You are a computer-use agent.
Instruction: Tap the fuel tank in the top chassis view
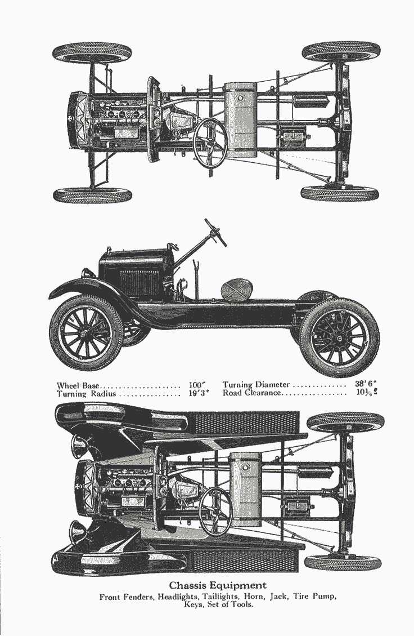[x=241, y=119]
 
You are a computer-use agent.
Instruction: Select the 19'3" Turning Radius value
[x=198, y=394]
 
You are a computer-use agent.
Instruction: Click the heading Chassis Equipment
[x=218, y=585]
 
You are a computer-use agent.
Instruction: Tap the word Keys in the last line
[x=194, y=605]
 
